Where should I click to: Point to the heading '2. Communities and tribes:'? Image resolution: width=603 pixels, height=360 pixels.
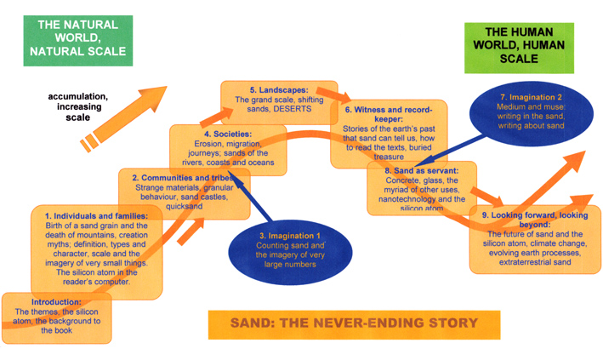pos(184,177)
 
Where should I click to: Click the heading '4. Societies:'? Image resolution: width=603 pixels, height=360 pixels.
pos(216,134)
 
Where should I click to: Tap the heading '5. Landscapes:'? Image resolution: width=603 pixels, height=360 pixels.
pos(277,89)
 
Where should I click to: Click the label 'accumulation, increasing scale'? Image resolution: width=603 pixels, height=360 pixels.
pos(77,106)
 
